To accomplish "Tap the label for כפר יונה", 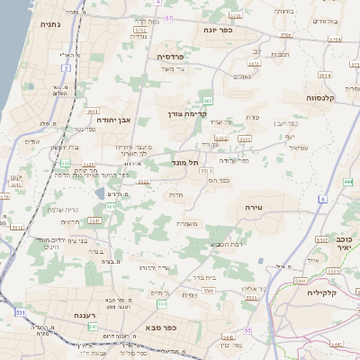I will pos(218,30).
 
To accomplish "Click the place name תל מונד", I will pos(185,163).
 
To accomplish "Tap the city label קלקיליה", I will pos(321,292).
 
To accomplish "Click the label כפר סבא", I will pos(160,328).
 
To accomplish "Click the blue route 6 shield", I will pos(323,199).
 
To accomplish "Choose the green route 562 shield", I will pos(208,100).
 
